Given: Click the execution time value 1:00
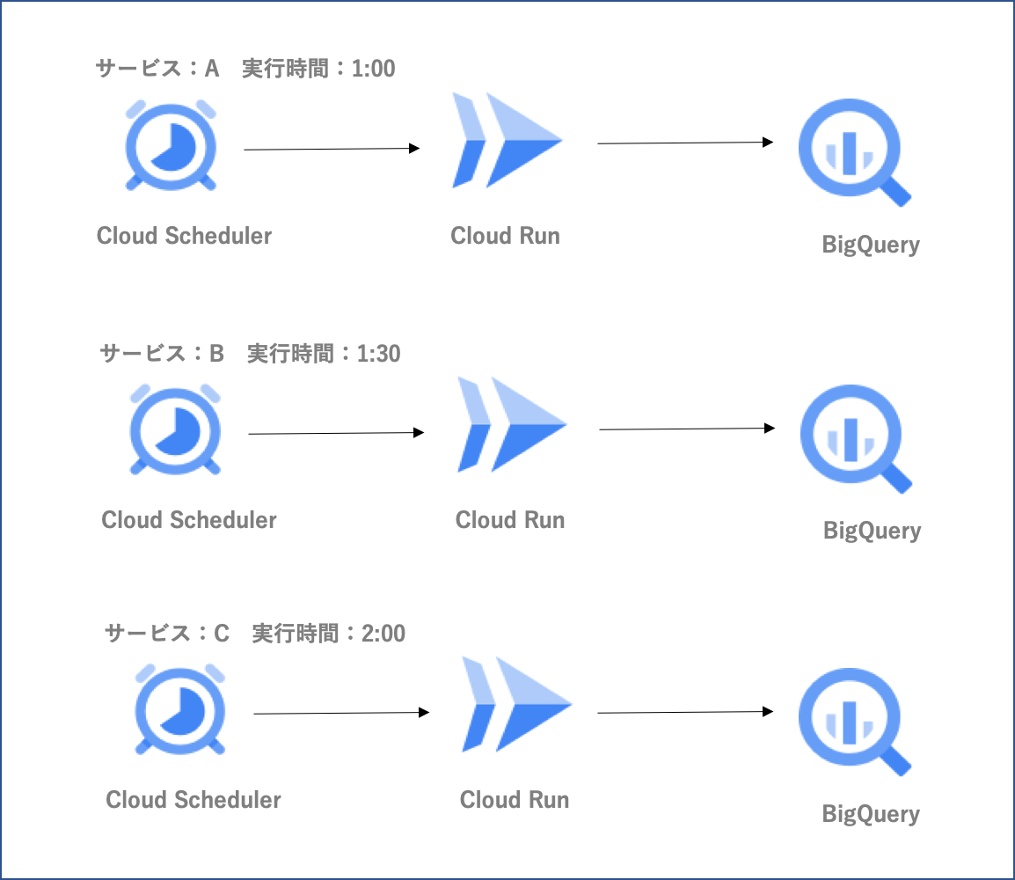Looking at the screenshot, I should point(374,69).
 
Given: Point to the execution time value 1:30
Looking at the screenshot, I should point(379,354).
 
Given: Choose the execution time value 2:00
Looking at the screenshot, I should point(384,633).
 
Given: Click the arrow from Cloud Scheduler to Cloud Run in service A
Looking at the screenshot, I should point(332,150).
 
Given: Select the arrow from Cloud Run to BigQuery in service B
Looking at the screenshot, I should point(687,429).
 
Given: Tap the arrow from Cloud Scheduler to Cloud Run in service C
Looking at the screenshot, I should point(341,713).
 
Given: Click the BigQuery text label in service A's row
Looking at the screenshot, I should point(871,245).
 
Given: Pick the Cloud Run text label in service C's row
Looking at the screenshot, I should point(515,800).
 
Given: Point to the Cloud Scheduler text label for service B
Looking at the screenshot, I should point(189,520).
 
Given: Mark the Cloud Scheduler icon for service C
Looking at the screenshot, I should point(180,708).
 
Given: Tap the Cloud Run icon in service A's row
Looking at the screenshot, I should point(507,141).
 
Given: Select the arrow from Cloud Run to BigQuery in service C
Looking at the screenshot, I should point(685,712).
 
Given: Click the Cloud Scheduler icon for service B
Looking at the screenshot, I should point(175,429).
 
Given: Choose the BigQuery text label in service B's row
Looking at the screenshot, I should point(872,531).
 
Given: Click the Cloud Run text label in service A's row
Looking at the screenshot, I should point(505,236).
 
